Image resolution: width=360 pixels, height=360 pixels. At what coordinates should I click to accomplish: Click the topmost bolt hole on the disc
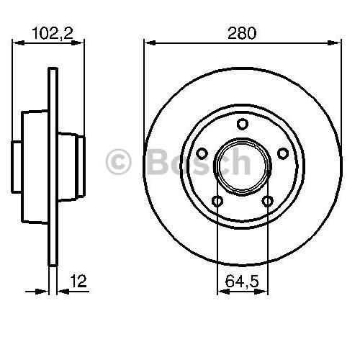point(242,123)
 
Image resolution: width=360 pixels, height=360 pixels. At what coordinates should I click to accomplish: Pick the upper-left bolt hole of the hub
point(202,153)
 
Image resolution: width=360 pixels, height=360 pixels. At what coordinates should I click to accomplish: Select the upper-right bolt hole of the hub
point(282,153)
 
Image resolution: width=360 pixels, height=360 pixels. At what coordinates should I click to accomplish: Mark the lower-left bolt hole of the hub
point(217,201)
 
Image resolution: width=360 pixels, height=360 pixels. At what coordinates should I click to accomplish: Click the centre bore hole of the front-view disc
point(242,166)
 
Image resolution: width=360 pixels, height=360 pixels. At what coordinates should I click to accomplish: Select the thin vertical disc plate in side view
point(53,173)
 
